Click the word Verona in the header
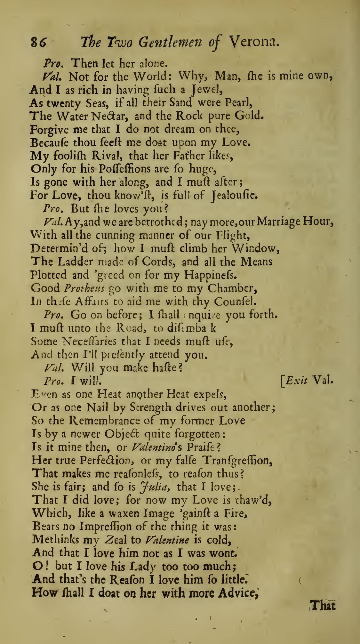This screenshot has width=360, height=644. coord(254,42)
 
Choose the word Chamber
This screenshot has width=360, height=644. coord(232,288)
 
